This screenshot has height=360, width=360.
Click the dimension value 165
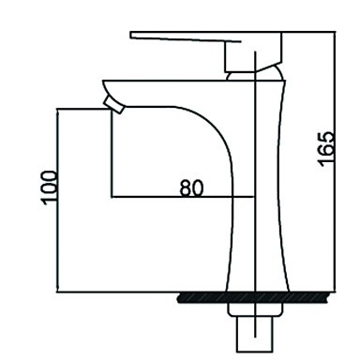point(325,149)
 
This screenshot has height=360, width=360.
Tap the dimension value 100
point(50,187)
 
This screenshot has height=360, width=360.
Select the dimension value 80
point(191,187)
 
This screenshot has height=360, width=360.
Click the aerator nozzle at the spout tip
point(114,104)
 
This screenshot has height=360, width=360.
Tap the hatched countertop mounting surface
point(254,298)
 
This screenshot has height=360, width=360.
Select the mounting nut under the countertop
point(254,309)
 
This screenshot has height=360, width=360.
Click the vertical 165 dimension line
point(336,161)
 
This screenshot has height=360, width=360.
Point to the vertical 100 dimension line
point(57,201)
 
